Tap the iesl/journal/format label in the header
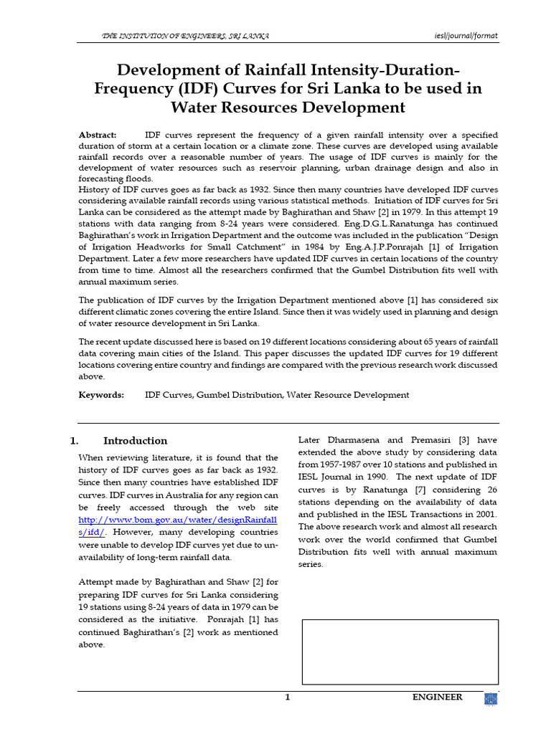point(466,36)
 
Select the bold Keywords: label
point(101,395)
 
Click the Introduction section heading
point(135,441)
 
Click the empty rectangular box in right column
point(400,652)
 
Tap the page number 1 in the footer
point(287,697)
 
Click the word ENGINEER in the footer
point(436,697)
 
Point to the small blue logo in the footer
point(491,700)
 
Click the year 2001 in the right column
point(485,514)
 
